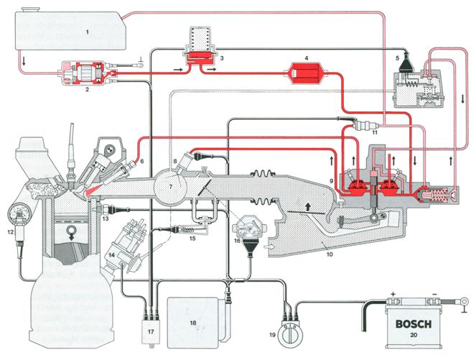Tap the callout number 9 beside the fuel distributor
click(331, 180)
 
